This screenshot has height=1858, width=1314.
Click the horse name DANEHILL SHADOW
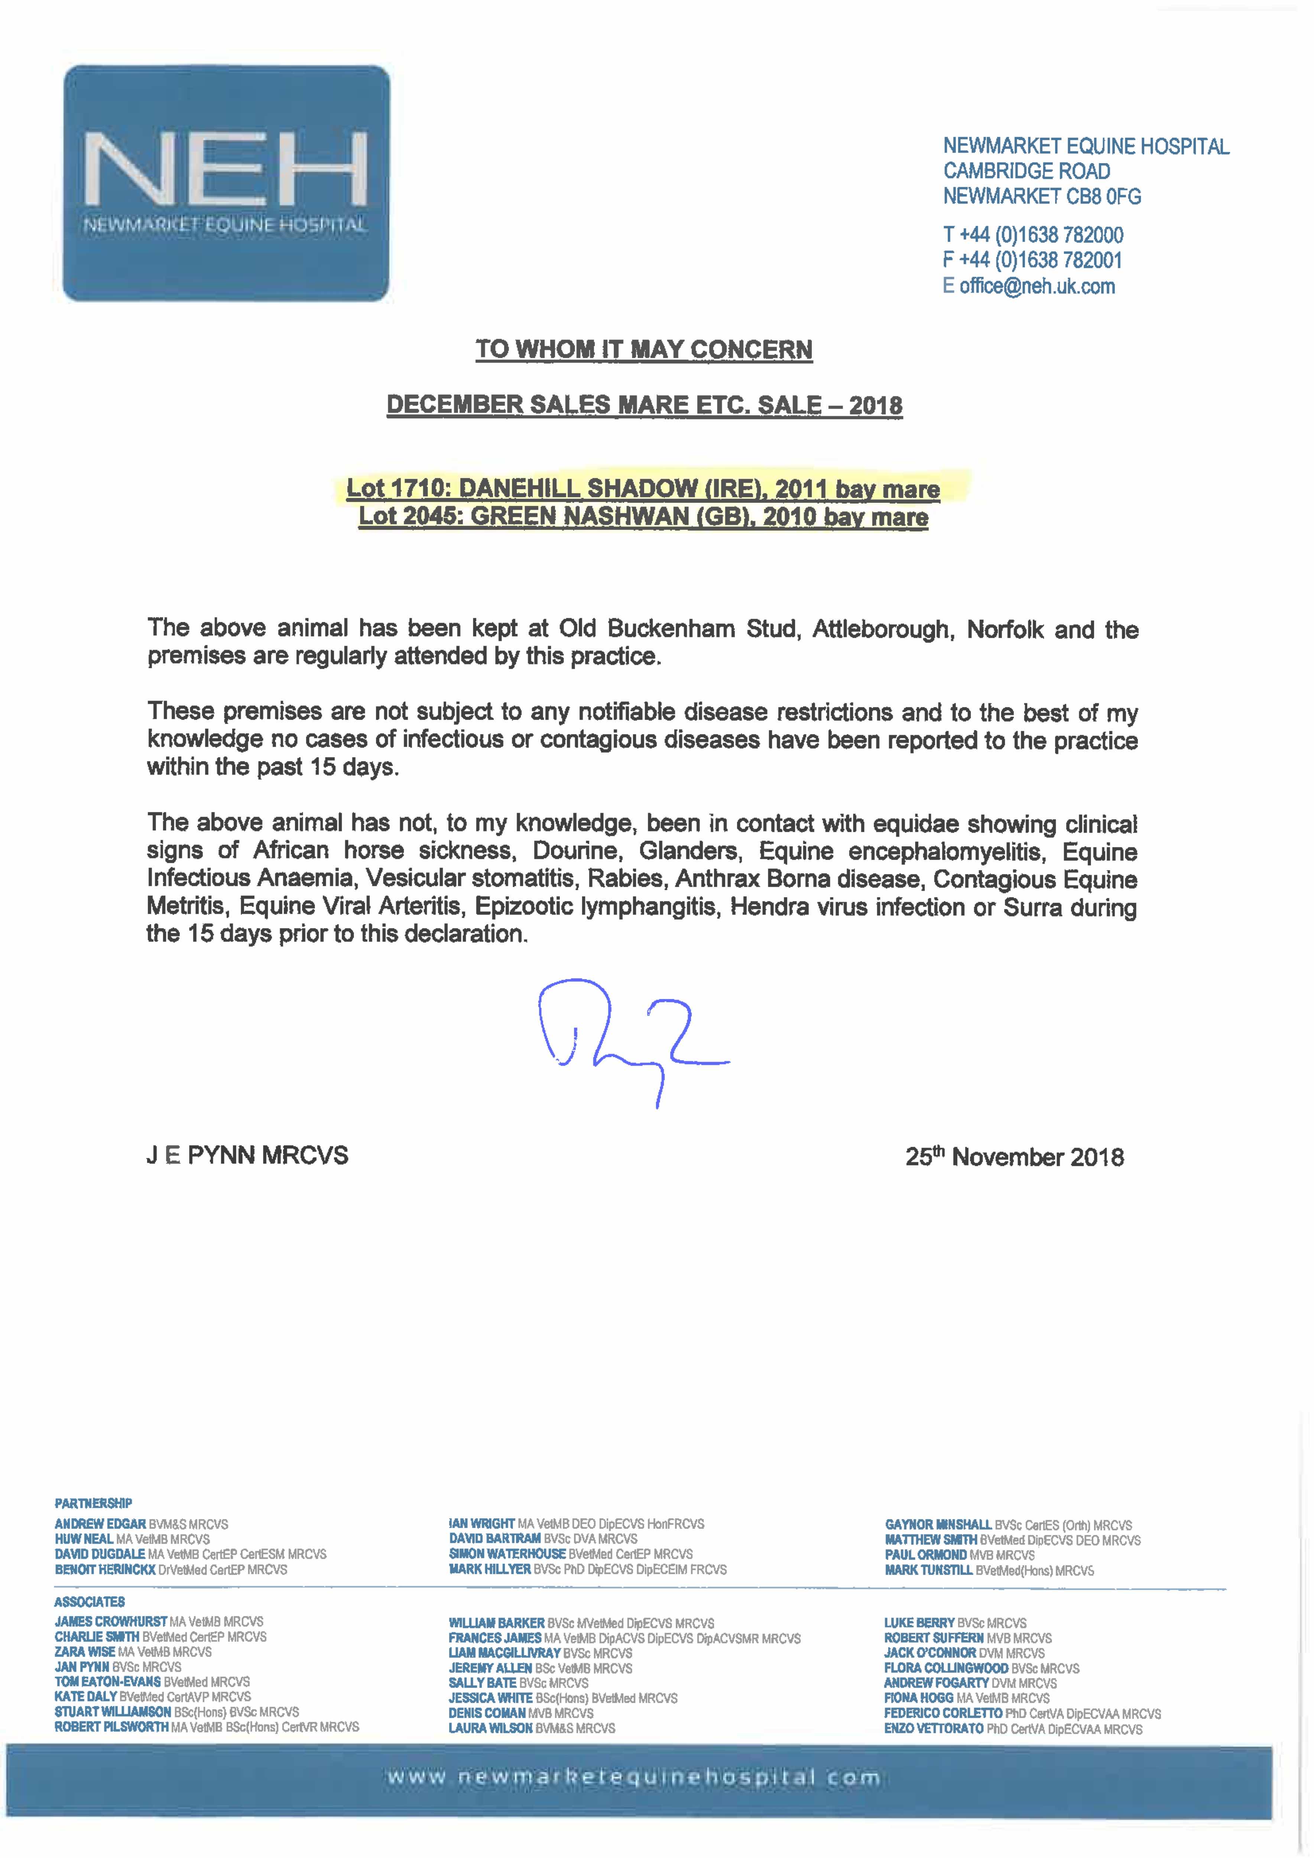578,489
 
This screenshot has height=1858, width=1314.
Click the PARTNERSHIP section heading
93,1503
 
